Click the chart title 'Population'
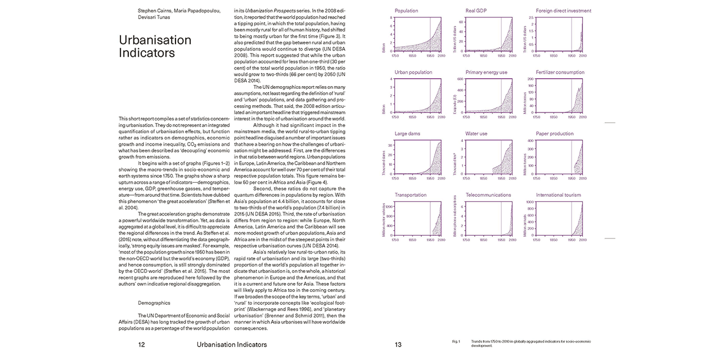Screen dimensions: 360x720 (406, 11)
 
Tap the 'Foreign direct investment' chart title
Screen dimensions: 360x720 (563, 11)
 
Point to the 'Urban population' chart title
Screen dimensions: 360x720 (413, 72)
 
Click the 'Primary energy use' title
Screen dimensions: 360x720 (486, 72)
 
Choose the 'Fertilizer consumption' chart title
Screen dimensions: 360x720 (560, 72)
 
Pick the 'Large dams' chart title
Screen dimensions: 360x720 (407, 134)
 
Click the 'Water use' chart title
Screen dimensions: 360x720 (476, 134)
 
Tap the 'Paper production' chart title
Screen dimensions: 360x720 (555, 134)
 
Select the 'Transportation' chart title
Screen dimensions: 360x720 (411, 195)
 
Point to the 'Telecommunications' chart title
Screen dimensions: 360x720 (488, 195)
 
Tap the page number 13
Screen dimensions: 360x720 (398, 344)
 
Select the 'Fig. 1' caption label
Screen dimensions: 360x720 (456, 341)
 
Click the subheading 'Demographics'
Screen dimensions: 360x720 (154, 303)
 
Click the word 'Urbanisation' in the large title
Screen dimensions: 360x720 (155, 40)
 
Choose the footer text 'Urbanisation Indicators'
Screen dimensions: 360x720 (232, 344)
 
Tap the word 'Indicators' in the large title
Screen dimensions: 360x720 (147, 53)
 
